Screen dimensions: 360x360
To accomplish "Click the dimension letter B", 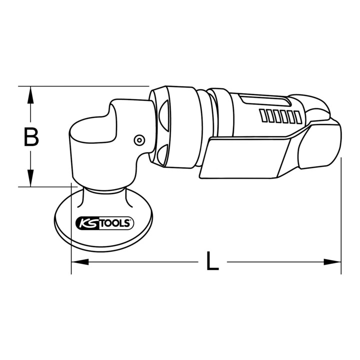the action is click(31, 137).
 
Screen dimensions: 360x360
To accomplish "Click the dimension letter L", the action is click(212, 261).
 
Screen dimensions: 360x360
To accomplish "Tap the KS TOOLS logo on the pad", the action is click(104, 223).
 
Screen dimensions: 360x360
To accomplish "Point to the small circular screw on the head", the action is click(139, 140).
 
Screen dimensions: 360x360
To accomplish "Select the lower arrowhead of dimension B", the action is click(30, 178).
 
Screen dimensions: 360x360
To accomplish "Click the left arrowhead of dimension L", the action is click(80, 261).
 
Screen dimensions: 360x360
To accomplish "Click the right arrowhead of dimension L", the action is click(332, 261).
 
